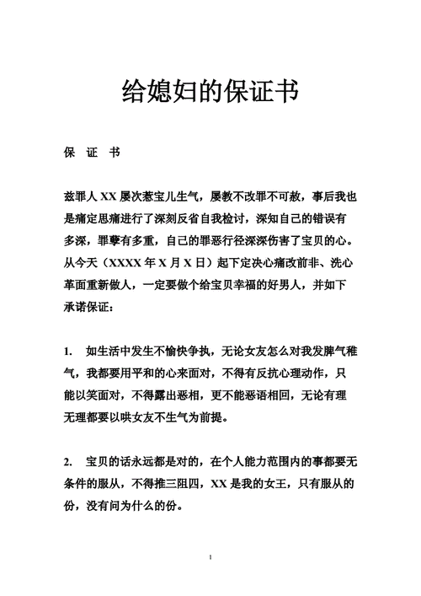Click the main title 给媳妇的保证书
coord(210,92)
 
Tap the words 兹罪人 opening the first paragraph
coord(83,197)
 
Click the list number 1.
coord(67,351)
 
